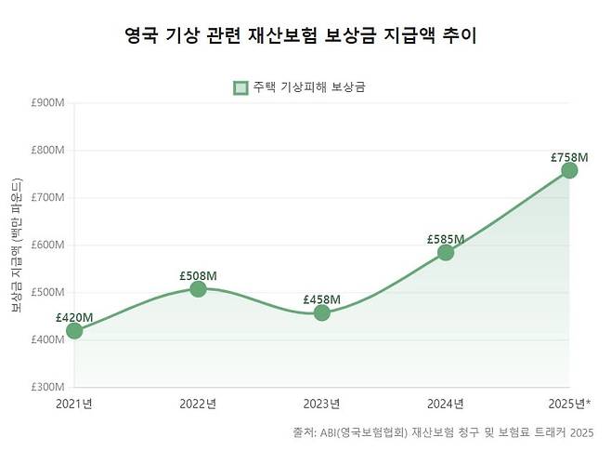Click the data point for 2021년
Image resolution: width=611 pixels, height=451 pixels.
(x=74, y=330)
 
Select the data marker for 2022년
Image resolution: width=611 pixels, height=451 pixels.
(x=198, y=288)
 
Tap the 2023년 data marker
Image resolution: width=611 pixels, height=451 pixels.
(x=321, y=312)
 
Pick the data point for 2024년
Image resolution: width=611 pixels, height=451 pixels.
(x=446, y=252)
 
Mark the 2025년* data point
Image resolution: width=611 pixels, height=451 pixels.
(x=569, y=170)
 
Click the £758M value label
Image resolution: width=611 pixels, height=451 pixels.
(x=569, y=156)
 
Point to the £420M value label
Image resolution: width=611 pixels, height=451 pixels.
(x=74, y=317)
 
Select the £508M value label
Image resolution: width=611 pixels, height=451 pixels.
(x=198, y=275)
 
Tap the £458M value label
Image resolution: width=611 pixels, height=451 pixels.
(x=321, y=299)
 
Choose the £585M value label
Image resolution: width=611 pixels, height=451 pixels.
(x=446, y=239)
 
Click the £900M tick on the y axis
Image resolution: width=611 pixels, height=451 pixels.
(x=47, y=102)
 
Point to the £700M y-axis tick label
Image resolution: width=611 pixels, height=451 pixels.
(x=47, y=197)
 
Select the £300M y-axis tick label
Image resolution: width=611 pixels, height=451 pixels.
(x=47, y=387)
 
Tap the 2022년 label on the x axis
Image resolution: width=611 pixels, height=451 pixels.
(x=198, y=404)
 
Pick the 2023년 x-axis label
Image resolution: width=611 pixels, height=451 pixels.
(x=321, y=404)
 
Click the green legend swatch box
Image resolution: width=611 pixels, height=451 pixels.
(x=240, y=87)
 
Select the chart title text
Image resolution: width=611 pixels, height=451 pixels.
(x=305, y=36)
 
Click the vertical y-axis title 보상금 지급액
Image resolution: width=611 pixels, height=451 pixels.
(x=17, y=246)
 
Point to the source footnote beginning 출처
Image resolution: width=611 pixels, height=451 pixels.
(x=442, y=432)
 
